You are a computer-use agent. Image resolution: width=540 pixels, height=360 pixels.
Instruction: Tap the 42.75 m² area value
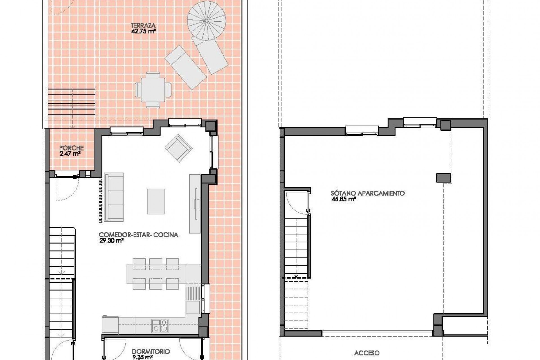point(143,31)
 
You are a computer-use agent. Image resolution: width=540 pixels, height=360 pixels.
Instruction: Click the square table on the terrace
point(153,89)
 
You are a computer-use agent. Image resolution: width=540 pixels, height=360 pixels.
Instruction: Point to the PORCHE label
point(71,148)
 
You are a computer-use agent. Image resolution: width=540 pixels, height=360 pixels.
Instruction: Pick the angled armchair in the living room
point(179,148)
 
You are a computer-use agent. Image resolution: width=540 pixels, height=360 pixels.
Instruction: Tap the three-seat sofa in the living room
point(114,197)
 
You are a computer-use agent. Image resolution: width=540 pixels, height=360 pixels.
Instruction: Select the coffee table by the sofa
point(156,201)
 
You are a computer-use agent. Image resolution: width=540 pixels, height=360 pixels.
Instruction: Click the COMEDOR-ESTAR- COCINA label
point(138,235)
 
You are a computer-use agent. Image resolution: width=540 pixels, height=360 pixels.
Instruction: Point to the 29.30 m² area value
point(111,241)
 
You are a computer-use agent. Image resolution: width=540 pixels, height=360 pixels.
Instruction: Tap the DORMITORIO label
point(151,352)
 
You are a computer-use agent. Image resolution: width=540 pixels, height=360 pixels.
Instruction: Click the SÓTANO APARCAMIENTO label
point(368,193)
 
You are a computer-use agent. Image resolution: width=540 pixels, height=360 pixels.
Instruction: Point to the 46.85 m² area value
point(343,199)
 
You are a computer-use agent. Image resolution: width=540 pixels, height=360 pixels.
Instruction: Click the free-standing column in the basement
point(443,177)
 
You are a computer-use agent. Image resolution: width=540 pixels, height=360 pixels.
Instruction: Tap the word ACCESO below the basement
point(367,353)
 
